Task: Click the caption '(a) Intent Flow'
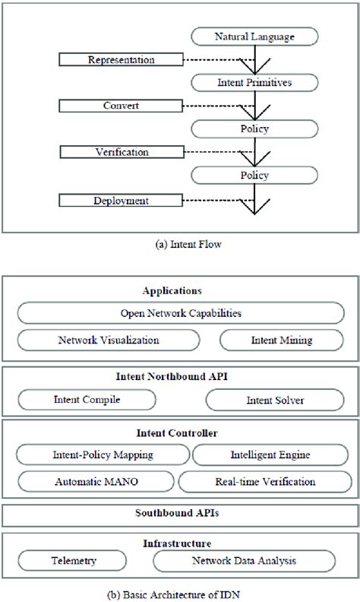[x=180, y=244]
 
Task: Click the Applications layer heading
[x=180, y=290]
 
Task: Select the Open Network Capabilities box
[x=180, y=312]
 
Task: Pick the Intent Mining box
[x=280, y=340]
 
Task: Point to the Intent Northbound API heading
[x=180, y=375]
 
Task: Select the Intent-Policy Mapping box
[x=104, y=455]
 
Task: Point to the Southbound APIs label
[x=180, y=514]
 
